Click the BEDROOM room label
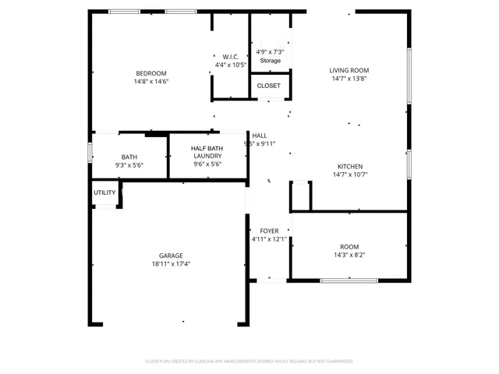coord(151,73)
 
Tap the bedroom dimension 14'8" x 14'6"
coord(151,81)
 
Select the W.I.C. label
coord(230,57)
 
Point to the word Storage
coord(270,60)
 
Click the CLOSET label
coord(269,86)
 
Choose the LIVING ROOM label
coord(349,70)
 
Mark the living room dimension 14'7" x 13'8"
coord(349,78)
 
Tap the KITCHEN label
coord(349,167)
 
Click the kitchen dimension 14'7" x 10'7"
coord(349,175)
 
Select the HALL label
coord(260,136)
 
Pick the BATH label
coord(129,157)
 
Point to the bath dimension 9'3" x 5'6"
coord(129,164)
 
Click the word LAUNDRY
coord(207,156)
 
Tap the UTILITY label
coord(104,192)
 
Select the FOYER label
coord(269,231)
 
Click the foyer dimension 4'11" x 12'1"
coord(269,239)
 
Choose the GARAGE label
coord(171,256)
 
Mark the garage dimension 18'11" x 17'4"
coord(171,264)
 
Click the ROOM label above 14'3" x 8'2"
coord(349,246)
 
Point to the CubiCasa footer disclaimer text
coord(249,362)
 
